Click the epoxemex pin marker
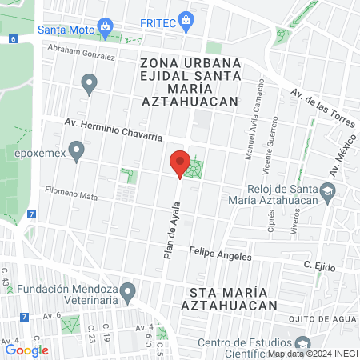pyautogui.click(x=77, y=150)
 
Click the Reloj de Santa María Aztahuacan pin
pyautogui.click(x=327, y=190)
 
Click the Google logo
pyautogui.click(x=26, y=350)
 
